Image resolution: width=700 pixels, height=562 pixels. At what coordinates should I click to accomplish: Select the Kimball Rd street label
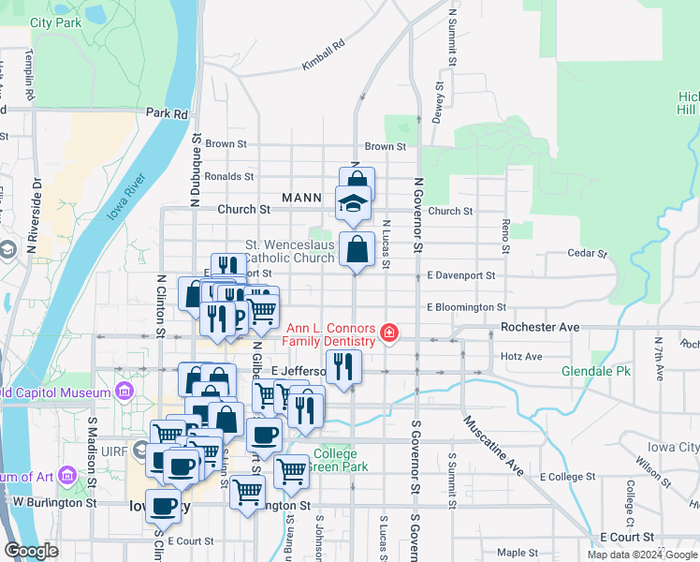click(323, 55)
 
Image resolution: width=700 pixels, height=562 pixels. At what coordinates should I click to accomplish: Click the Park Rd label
click(167, 113)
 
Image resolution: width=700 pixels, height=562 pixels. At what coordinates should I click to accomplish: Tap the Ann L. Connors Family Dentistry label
click(331, 334)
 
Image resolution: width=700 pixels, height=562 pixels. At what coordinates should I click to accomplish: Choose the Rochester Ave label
click(540, 327)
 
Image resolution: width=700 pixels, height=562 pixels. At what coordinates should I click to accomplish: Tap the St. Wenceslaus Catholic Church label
click(289, 251)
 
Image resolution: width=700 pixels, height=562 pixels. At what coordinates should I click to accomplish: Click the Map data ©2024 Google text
click(641, 554)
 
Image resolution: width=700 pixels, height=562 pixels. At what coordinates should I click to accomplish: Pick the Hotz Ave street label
click(521, 357)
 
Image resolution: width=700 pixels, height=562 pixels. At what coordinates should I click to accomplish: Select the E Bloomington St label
click(466, 306)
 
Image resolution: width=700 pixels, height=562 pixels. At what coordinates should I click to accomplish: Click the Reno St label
click(505, 225)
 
